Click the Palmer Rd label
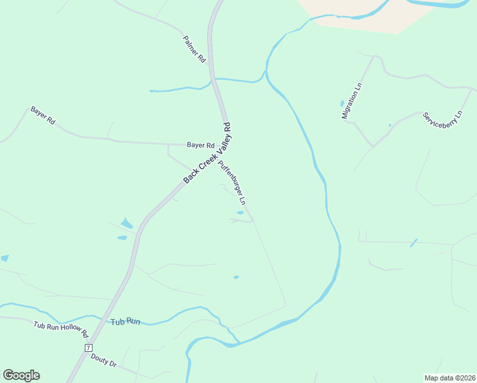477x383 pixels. pyautogui.click(x=194, y=49)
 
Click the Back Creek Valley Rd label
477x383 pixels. pyautogui.click(x=207, y=154)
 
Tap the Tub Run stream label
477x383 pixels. pyautogui.click(x=125, y=321)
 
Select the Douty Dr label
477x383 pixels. pyautogui.click(x=104, y=360)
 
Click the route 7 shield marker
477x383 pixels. pyautogui.click(x=88, y=347)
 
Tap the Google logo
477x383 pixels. pyautogui.click(x=21, y=375)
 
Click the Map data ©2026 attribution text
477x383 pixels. pyautogui.click(x=450, y=377)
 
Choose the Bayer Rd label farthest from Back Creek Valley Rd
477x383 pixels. pyautogui.click(x=43, y=116)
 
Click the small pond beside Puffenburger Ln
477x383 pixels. pyautogui.click(x=240, y=213)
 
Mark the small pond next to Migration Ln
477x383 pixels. pyautogui.click(x=342, y=103)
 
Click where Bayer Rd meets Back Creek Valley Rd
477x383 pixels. pyautogui.click(x=227, y=144)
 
